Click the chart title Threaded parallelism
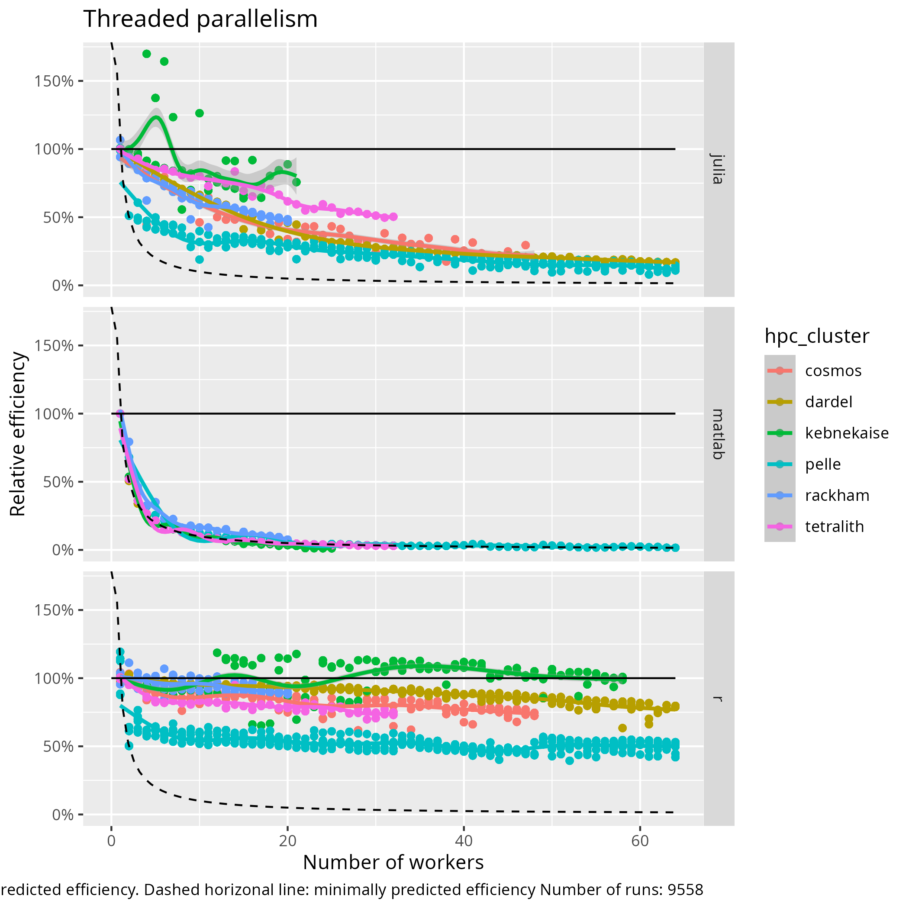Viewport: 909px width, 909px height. tap(200, 20)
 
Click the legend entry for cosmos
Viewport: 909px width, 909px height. tap(833, 371)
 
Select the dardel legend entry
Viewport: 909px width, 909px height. tap(828, 402)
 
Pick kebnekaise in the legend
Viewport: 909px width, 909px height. tap(846, 433)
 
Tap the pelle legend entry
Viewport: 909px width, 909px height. tap(822, 464)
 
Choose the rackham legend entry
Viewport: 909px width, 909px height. tap(837, 496)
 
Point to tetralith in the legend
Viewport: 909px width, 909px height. tap(834, 526)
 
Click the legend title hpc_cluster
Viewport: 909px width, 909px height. tap(817, 336)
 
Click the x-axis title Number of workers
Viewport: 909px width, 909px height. tap(393, 862)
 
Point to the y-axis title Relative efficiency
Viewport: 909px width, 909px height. tap(18, 434)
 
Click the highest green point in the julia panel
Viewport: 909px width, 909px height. tap(146, 54)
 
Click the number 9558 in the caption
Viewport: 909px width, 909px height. tap(686, 890)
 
